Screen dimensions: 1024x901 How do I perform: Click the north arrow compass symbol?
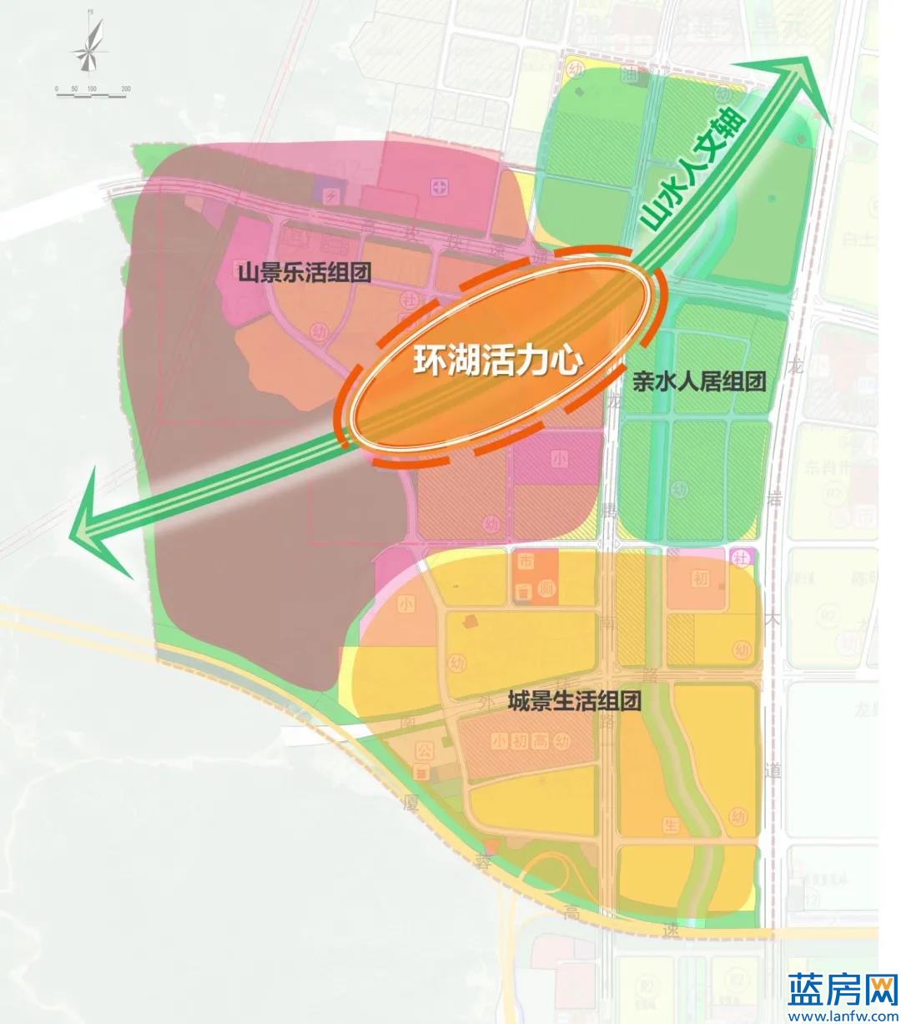[x=89, y=46]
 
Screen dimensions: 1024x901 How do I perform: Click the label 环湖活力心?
[x=498, y=362]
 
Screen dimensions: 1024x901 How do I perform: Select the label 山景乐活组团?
[x=305, y=272]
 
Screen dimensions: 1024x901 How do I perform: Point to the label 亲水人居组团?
[x=698, y=382]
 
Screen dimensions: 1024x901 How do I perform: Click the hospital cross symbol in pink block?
[x=440, y=185]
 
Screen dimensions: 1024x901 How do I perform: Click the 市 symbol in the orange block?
[x=525, y=562]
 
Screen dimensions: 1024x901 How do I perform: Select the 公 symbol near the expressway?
[x=423, y=752]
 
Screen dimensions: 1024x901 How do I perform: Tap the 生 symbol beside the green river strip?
[x=671, y=825]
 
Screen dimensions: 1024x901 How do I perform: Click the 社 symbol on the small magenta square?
[x=740, y=557]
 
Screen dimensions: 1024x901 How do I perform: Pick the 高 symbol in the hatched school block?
[x=543, y=740]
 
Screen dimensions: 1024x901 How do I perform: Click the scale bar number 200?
[x=126, y=88]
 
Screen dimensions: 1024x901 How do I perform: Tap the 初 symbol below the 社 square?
[x=700, y=578]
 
